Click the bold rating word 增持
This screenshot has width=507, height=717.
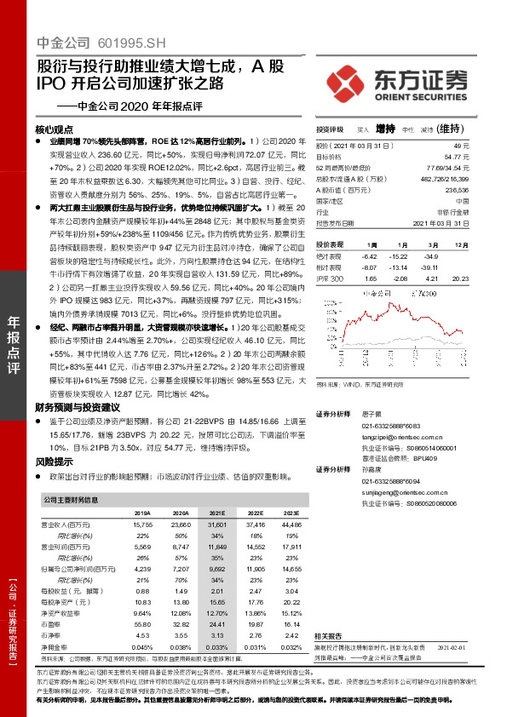(x=387, y=129)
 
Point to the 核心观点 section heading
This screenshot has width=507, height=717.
(x=55, y=129)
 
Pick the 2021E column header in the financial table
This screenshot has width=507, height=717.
(x=216, y=513)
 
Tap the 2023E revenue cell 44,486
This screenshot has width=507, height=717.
(x=290, y=525)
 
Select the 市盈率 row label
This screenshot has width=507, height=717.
(x=55, y=624)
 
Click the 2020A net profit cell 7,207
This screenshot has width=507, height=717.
(x=180, y=566)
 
